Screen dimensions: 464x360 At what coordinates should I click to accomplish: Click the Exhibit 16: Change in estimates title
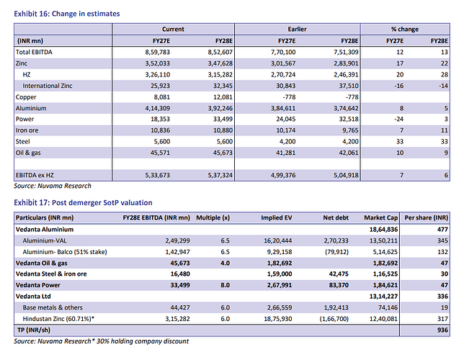67,14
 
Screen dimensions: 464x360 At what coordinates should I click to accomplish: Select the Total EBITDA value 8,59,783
157,53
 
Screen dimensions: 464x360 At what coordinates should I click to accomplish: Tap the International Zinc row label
48,86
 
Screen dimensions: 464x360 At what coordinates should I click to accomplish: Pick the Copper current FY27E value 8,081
162,97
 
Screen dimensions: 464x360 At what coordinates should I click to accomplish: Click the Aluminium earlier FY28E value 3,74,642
346,108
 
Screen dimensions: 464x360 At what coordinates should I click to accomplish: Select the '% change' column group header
405,29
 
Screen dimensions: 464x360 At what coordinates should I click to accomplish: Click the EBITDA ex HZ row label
35,175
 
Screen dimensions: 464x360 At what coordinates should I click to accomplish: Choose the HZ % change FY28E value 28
444,75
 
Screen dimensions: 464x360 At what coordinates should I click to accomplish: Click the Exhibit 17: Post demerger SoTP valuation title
83,202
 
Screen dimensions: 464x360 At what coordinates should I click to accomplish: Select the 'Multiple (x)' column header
213,217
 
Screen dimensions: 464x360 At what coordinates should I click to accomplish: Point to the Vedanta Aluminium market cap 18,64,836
383,230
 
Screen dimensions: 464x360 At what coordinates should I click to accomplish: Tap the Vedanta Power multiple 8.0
226,285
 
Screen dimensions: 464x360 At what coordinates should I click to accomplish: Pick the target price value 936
442,330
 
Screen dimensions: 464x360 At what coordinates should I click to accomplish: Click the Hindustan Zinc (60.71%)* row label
58,319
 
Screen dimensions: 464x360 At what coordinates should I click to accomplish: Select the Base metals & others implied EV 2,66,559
280,307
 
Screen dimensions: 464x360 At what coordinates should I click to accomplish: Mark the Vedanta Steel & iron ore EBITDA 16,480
180,274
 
